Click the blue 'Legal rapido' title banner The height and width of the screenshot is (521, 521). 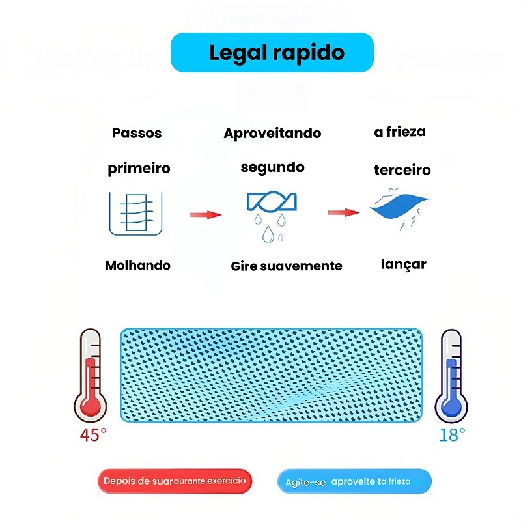[x=272, y=52]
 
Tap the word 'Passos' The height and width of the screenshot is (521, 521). [x=137, y=134]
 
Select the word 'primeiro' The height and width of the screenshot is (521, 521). [x=139, y=169]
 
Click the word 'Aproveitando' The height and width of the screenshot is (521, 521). [x=272, y=134]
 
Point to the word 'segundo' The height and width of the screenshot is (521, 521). [x=272, y=167]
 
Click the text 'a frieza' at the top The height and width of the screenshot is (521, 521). [x=400, y=132]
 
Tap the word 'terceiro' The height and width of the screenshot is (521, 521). [x=402, y=171]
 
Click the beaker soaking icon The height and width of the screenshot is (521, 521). [x=135, y=213]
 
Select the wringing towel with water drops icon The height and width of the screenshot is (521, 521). [x=272, y=215]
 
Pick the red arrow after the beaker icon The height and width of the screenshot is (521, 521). [x=206, y=214]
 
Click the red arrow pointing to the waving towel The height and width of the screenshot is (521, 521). [x=343, y=212]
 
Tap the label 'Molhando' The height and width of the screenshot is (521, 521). [x=137, y=266]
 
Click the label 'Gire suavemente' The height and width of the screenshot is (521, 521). [x=287, y=266]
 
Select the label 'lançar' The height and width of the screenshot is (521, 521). [x=404, y=264]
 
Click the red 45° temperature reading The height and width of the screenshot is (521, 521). [x=93, y=435]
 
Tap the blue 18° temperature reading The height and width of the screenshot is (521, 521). [x=452, y=434]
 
